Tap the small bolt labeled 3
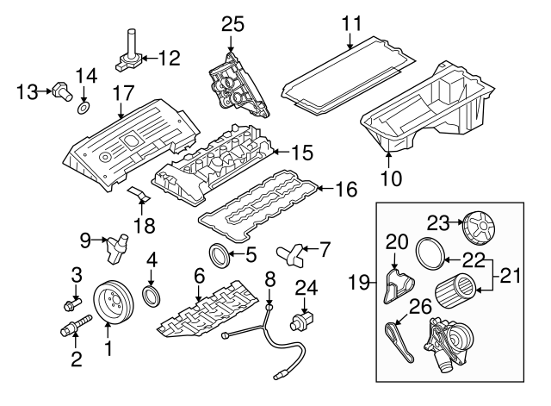pos(71,303)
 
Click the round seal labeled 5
pos(220,255)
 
